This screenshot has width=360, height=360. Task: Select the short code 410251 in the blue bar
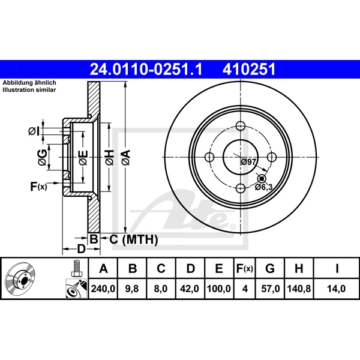(x=250, y=70)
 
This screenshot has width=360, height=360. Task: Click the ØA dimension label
(x=125, y=158)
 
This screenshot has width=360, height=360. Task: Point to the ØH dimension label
(x=109, y=158)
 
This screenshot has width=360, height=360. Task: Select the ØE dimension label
(x=83, y=158)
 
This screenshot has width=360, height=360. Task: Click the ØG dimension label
(x=42, y=158)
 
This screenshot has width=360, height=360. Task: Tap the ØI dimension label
(x=35, y=131)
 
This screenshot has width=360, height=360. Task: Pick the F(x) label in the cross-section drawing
(x=38, y=187)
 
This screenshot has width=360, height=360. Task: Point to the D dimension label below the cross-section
(x=81, y=248)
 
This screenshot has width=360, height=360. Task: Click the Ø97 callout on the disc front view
(x=248, y=162)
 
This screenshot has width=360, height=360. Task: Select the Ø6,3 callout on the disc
(x=264, y=187)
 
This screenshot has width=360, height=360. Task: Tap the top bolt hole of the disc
(x=241, y=126)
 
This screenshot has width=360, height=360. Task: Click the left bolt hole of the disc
(x=209, y=157)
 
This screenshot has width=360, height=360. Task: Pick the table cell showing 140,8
(x=298, y=288)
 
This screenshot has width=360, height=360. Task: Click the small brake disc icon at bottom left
(x=21, y=279)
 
